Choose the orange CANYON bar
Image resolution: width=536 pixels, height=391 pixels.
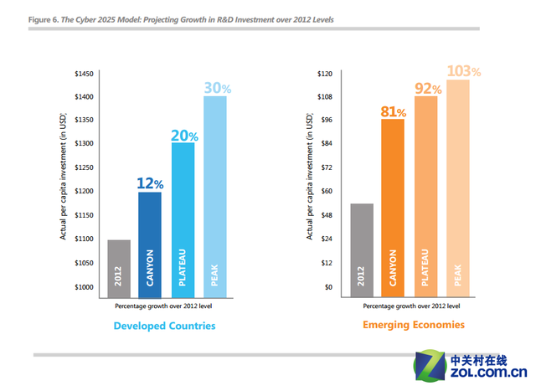click(x=393, y=204)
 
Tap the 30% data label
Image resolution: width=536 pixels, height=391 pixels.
click(x=216, y=86)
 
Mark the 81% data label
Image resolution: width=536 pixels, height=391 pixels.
click(x=393, y=111)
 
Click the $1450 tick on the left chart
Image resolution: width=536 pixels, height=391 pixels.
click(x=85, y=74)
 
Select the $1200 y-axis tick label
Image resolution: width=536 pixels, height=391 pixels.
click(x=85, y=192)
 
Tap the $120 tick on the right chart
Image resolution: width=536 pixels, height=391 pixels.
click(x=325, y=74)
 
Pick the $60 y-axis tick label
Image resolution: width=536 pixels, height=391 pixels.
click(x=327, y=192)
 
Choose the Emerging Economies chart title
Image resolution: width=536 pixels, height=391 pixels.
click(x=413, y=324)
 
